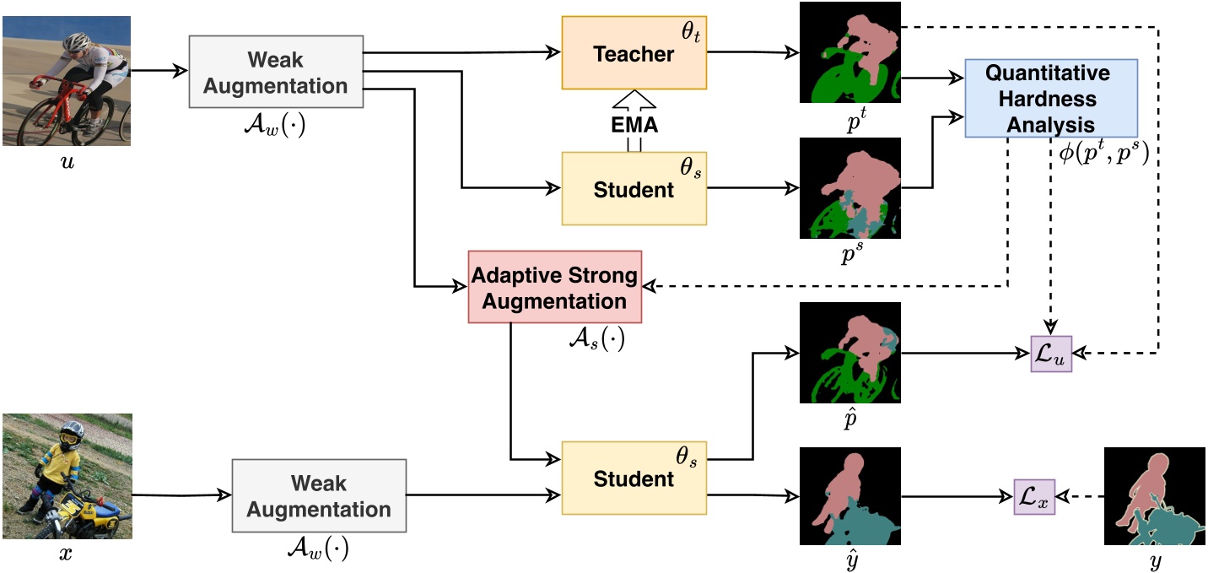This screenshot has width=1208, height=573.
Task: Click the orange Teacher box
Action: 634,54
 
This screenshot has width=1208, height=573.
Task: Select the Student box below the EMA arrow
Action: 634,189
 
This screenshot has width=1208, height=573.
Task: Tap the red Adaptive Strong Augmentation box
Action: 554,287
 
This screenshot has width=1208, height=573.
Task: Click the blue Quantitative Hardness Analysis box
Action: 1051,99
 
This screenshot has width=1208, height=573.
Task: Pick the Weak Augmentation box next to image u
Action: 275,72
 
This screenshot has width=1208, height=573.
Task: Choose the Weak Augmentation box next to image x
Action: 319,495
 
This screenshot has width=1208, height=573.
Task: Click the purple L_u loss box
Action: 1051,354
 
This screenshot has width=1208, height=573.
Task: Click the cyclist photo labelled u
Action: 66,81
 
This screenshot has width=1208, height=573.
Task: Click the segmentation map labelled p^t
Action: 849,52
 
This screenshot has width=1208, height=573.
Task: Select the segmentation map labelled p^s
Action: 849,187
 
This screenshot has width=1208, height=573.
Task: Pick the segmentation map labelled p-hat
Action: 849,353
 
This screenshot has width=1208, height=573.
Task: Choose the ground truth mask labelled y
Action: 1154,497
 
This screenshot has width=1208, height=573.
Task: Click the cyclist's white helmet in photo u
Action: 78,40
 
